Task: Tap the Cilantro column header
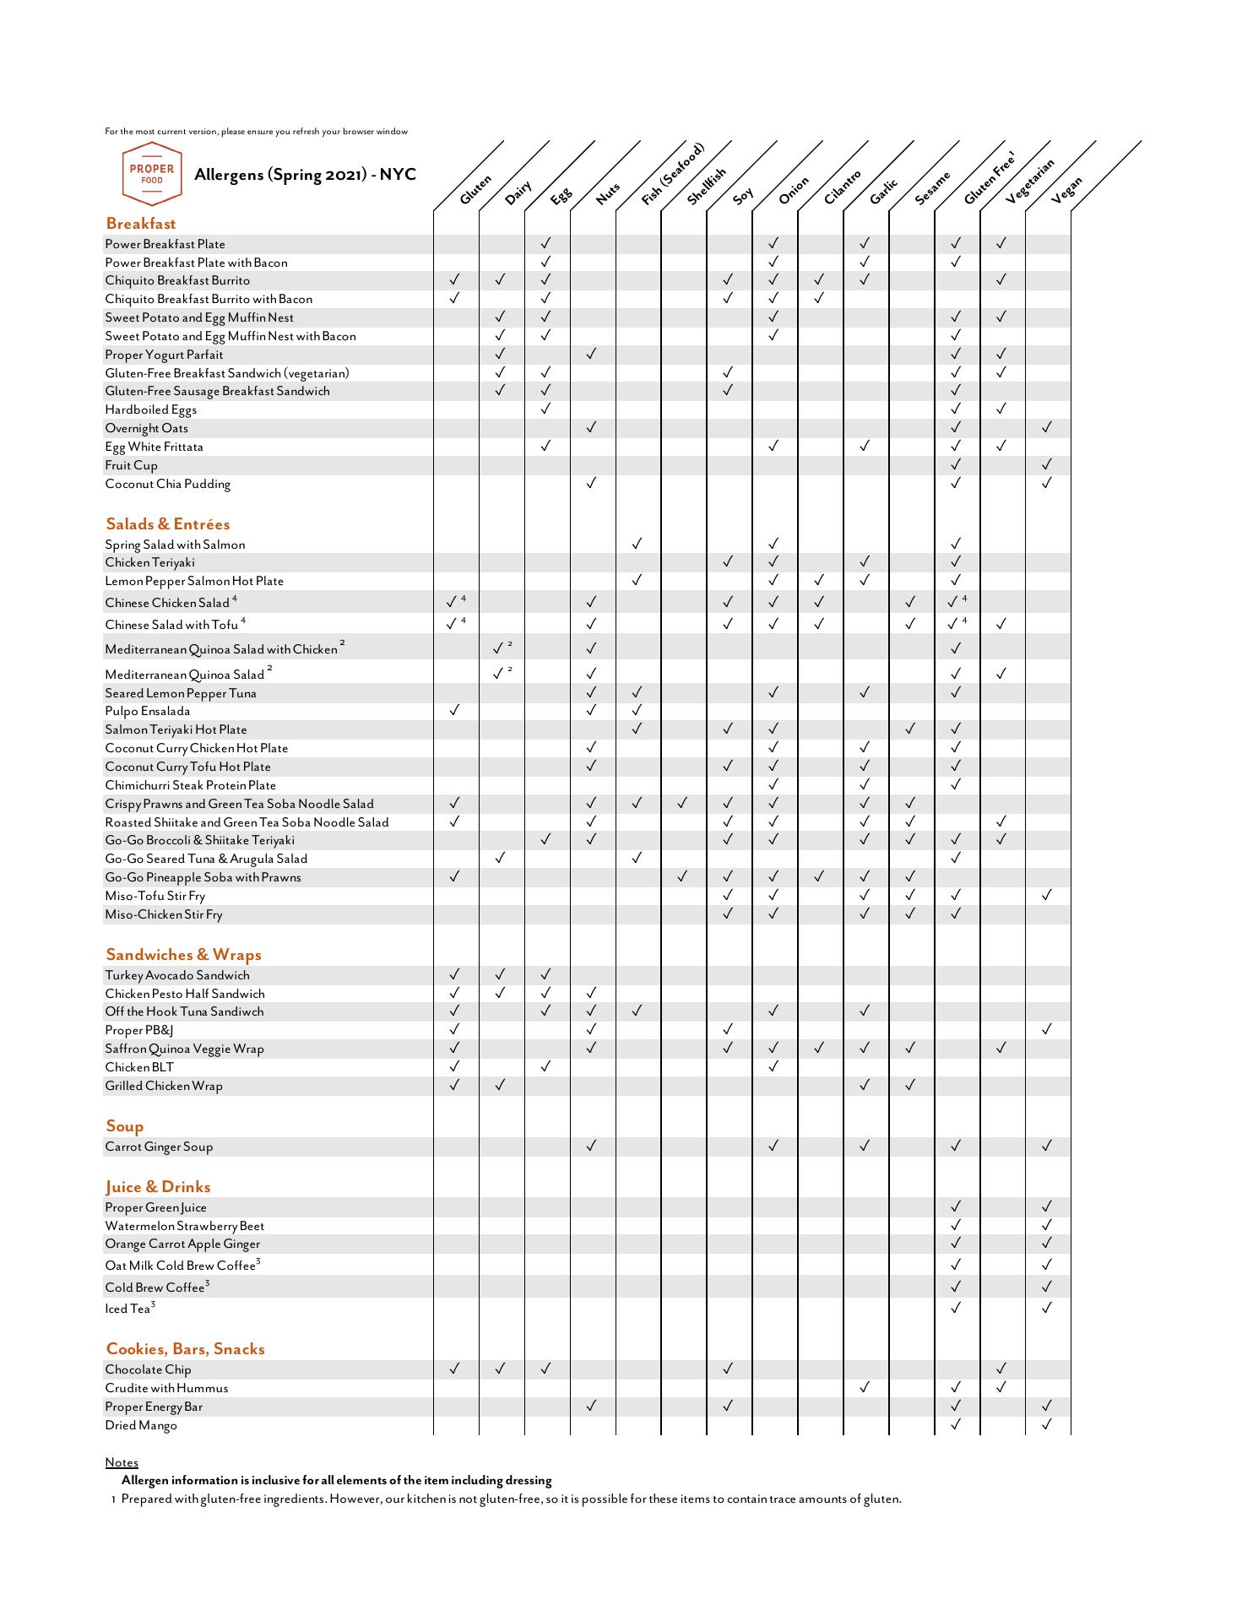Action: coord(842,187)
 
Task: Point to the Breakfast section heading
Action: coord(141,224)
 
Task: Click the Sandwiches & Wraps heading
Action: coord(183,955)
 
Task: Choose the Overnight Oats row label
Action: coord(147,428)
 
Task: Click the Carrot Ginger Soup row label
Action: coord(159,1147)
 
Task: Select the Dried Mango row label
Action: coord(141,1425)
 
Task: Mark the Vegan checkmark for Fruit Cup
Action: coord(1047,464)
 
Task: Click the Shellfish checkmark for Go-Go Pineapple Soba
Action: coord(682,876)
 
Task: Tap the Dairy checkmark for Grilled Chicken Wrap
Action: coord(500,1085)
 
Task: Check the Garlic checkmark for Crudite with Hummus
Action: coord(865,1387)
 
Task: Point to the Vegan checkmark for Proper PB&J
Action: coord(1047,1029)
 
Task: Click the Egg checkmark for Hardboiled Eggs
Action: coord(545,409)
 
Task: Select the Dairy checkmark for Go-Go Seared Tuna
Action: coord(500,858)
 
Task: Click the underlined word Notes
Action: coord(122,1462)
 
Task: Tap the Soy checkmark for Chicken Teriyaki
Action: coord(728,561)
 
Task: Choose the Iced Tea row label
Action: coord(128,1309)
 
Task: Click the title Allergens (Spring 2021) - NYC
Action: coord(305,175)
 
